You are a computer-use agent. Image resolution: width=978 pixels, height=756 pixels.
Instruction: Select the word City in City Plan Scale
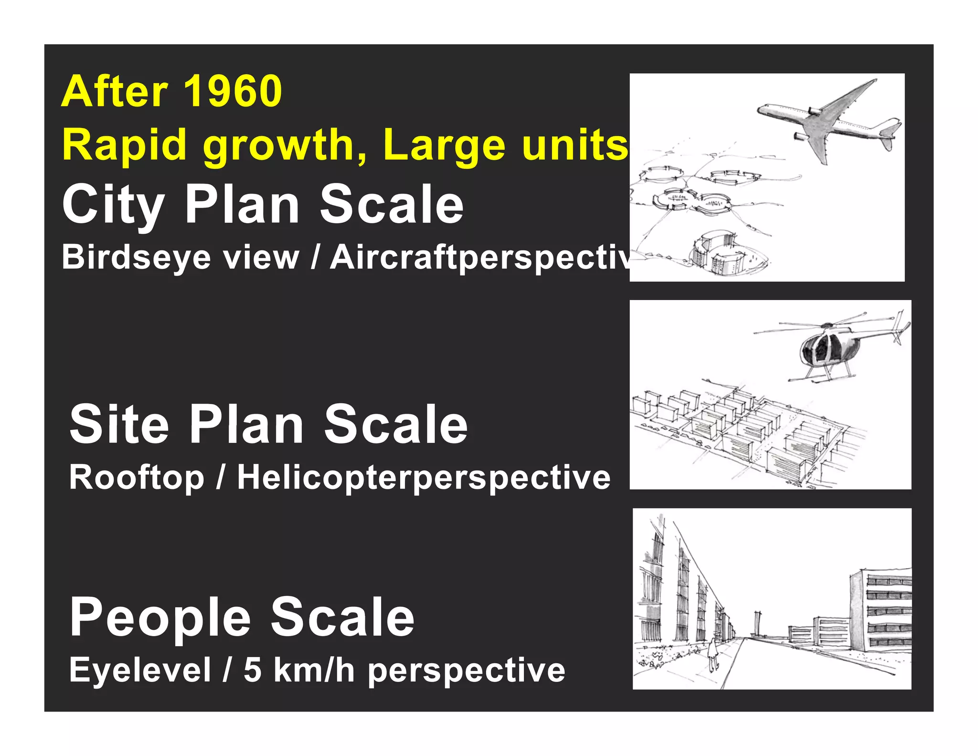click(x=113, y=205)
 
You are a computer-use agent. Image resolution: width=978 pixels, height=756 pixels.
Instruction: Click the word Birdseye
click(x=136, y=258)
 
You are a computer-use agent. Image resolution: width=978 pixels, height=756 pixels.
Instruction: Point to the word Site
click(x=119, y=424)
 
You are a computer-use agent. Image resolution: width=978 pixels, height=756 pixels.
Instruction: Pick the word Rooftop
click(x=137, y=477)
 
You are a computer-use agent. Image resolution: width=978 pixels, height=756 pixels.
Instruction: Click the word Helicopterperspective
click(x=424, y=477)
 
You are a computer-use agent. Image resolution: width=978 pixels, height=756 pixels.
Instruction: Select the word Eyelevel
click(x=140, y=670)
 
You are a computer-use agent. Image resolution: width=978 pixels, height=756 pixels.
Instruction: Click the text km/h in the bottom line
click(x=314, y=670)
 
